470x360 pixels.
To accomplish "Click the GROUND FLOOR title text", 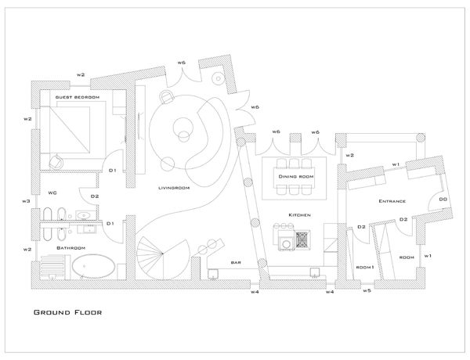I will click(x=67, y=311).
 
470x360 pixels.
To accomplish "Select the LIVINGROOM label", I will click(x=171, y=189).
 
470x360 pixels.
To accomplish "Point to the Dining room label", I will click(x=296, y=177).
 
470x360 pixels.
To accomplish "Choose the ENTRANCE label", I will click(x=392, y=202).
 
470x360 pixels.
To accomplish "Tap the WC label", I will click(x=52, y=192).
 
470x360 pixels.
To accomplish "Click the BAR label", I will click(x=235, y=262).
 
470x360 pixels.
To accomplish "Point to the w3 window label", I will click(x=26, y=201).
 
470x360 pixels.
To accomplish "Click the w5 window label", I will click(x=367, y=290).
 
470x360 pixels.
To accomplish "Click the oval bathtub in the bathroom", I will click(x=93, y=270).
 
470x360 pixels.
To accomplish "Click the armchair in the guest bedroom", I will click(x=57, y=160).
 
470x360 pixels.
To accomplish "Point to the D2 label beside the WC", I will click(x=95, y=196).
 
